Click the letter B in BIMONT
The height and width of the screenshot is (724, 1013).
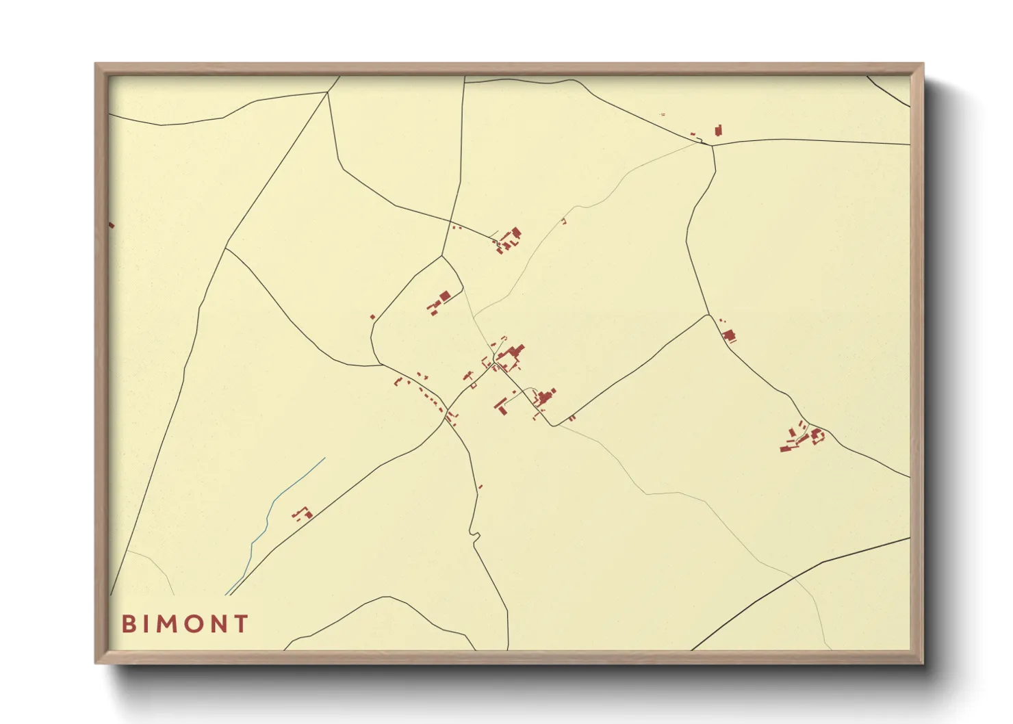(x=129, y=623)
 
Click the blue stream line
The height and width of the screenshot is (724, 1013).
(x=274, y=506)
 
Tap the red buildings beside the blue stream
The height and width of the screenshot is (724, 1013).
(x=302, y=513)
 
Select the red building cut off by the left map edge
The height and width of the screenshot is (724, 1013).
(x=112, y=224)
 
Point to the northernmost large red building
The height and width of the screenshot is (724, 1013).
(x=718, y=130)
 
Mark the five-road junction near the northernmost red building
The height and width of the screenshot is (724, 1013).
(x=711, y=144)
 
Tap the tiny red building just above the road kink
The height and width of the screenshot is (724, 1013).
(x=480, y=487)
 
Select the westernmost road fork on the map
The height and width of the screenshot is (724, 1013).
(x=225, y=248)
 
